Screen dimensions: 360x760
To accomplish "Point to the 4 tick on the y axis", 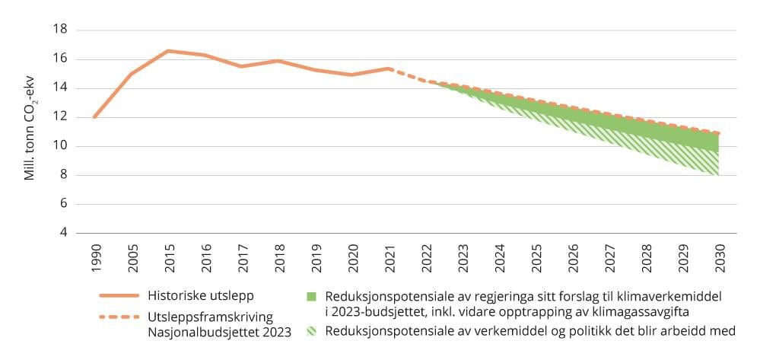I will (62, 233).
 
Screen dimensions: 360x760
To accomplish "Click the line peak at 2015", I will (168, 51).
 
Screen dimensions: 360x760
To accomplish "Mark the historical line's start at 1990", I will (95, 117).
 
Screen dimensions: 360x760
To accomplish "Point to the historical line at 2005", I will (132, 74).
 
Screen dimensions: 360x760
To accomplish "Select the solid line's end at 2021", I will (389, 68).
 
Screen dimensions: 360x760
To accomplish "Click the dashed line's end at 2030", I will (719, 133).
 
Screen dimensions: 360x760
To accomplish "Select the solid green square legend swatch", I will (311, 296).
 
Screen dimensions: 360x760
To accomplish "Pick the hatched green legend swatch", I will (311, 331).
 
